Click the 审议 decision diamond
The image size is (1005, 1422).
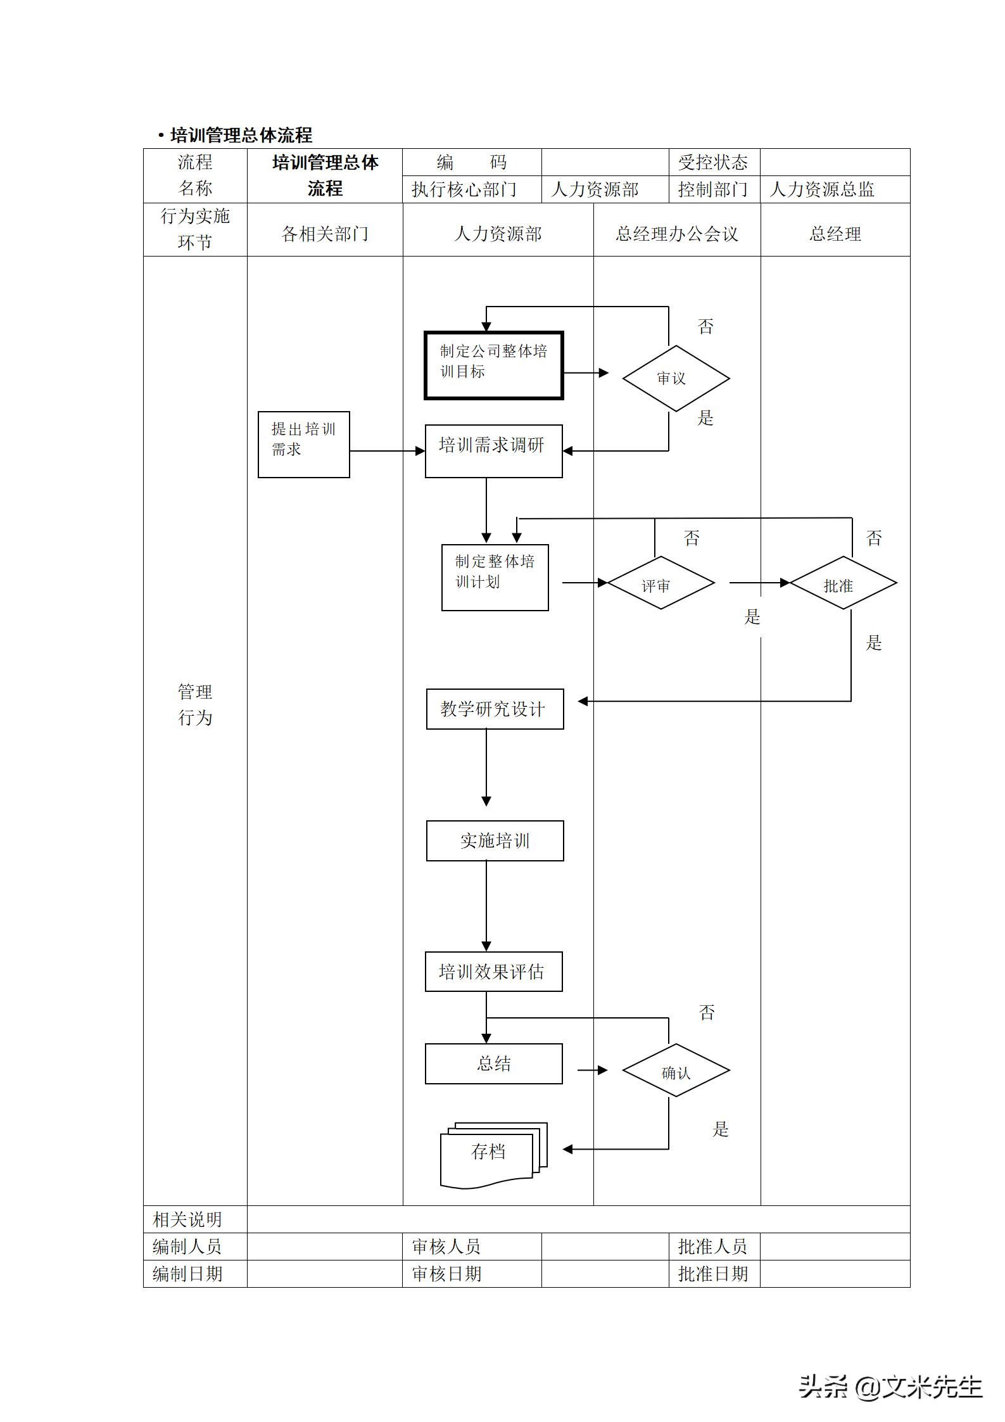[x=676, y=378]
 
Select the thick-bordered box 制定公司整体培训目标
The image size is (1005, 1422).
[x=493, y=365]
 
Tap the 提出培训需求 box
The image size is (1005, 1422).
[x=303, y=444]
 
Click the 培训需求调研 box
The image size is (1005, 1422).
[x=493, y=450]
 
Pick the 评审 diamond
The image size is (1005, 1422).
[x=661, y=583]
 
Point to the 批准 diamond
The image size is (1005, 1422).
[x=843, y=583]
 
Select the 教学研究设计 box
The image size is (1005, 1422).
[x=495, y=709]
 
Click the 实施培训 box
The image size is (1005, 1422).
[x=495, y=841]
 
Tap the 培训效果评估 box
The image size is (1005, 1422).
[x=493, y=972]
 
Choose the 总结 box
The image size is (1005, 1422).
[x=493, y=1063]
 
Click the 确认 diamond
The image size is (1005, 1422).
[x=676, y=1070]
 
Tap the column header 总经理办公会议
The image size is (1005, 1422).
[x=676, y=234]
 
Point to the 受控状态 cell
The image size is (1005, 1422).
[x=713, y=162]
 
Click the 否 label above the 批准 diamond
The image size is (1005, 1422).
[x=874, y=538]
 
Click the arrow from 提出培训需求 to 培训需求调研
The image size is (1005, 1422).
[x=386, y=451]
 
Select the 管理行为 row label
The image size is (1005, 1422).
[x=195, y=704]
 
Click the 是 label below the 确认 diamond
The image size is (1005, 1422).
[x=721, y=1129]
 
